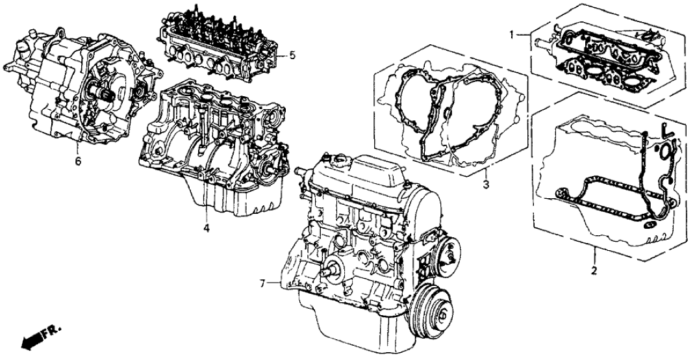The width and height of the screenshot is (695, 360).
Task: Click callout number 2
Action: pos(594,270)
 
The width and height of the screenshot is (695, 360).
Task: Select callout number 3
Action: pos(486,184)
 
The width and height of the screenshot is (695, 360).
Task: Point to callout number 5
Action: pos(292,56)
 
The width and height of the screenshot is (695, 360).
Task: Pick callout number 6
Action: pos(78,162)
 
